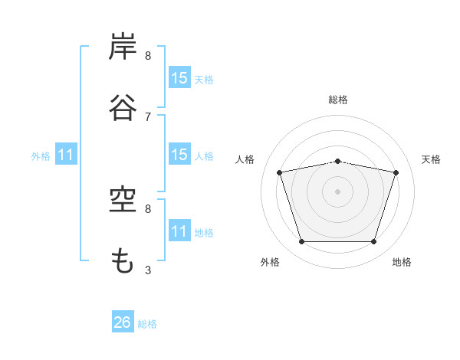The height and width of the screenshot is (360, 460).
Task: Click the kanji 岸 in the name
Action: [123, 46]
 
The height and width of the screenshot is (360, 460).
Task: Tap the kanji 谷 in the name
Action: [123, 107]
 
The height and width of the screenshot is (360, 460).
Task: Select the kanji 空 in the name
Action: [123, 200]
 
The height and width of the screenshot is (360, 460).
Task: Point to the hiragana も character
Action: [123, 260]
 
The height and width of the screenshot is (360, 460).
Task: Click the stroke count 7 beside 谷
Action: [148, 117]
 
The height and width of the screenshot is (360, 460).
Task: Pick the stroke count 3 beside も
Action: [148, 270]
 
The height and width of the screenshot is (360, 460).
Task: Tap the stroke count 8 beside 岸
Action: [148, 56]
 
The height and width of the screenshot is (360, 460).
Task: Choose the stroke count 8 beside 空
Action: [148, 209]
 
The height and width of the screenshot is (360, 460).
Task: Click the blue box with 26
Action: [123, 321]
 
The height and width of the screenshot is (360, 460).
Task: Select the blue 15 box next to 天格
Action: [180, 77]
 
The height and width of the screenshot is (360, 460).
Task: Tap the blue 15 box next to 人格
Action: [180, 154]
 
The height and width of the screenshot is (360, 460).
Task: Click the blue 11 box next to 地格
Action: [180, 230]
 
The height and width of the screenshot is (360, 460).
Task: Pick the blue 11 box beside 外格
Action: [66, 154]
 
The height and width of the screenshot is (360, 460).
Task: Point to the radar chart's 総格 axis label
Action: [338, 100]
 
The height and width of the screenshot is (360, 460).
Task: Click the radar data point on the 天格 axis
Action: [396, 172]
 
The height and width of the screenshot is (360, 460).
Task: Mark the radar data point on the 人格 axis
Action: [280, 172]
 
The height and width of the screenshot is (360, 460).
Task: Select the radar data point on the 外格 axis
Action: [302, 241]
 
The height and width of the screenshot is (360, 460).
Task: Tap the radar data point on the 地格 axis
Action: [374, 241]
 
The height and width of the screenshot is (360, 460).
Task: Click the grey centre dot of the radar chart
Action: [337, 191]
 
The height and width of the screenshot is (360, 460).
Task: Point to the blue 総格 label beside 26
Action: [147, 324]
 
